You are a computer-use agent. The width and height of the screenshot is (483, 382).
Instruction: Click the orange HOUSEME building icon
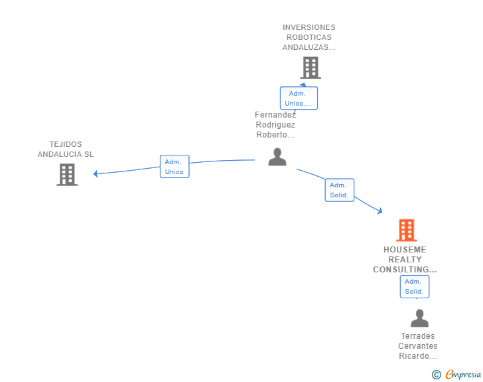[406, 230]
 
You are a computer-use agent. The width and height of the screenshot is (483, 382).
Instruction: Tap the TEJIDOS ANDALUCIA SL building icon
[67, 175]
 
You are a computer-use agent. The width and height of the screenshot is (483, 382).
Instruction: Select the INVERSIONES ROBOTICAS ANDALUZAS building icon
[310, 68]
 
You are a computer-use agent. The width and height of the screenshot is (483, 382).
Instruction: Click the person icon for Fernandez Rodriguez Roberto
[277, 157]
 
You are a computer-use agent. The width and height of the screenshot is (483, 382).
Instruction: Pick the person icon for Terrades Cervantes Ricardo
[419, 318]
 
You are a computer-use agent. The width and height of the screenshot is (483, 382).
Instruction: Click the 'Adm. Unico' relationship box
[174, 167]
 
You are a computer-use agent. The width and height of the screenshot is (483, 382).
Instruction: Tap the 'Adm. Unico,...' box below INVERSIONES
[299, 98]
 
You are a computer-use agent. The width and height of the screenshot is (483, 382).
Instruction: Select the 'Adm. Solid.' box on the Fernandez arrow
[340, 190]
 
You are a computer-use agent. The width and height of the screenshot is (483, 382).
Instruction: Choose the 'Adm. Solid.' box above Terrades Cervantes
[414, 286]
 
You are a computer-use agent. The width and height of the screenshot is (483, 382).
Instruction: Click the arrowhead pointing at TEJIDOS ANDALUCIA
[96, 174]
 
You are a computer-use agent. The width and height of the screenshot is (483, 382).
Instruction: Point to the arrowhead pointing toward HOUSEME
[380, 211]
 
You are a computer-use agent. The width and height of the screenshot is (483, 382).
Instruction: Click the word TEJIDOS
[66, 144]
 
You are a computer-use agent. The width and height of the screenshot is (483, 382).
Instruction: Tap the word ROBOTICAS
[309, 37]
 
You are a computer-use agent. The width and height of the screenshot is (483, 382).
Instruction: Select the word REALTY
[405, 260]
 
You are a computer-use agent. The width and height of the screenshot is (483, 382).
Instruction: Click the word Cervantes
[418, 346]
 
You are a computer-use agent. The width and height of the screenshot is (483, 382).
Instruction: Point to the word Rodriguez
[275, 125]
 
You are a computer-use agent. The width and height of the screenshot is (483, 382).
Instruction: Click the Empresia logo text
[463, 375]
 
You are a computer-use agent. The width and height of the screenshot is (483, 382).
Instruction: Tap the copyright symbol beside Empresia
[437, 375]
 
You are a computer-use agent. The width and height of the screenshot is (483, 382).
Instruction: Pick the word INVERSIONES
[309, 27]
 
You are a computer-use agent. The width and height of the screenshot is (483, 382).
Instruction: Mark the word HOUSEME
[405, 249]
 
